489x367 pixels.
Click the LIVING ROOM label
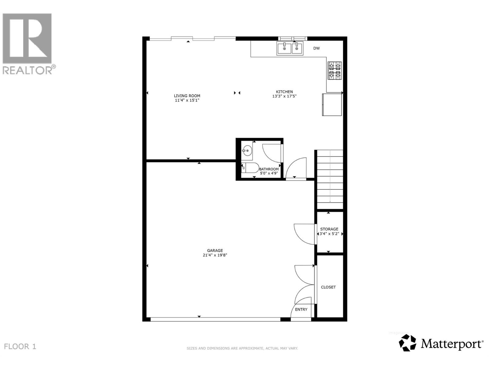click(x=187, y=96)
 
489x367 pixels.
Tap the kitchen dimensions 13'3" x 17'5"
click(x=284, y=96)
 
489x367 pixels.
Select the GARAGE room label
click(x=215, y=250)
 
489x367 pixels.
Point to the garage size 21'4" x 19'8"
click(x=215, y=255)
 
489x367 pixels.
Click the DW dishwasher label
click(x=316, y=48)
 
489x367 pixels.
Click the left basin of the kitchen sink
click(x=284, y=49)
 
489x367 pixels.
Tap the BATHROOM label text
click(x=269, y=169)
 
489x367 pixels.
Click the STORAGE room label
click(x=329, y=229)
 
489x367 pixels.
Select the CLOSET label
click(x=328, y=287)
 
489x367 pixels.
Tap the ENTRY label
click(x=301, y=310)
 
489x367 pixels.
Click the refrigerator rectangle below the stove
click(x=332, y=105)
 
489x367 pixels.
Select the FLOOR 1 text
click(x=20, y=347)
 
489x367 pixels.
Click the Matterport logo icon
click(x=407, y=343)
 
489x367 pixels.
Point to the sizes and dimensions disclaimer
click(x=242, y=348)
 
